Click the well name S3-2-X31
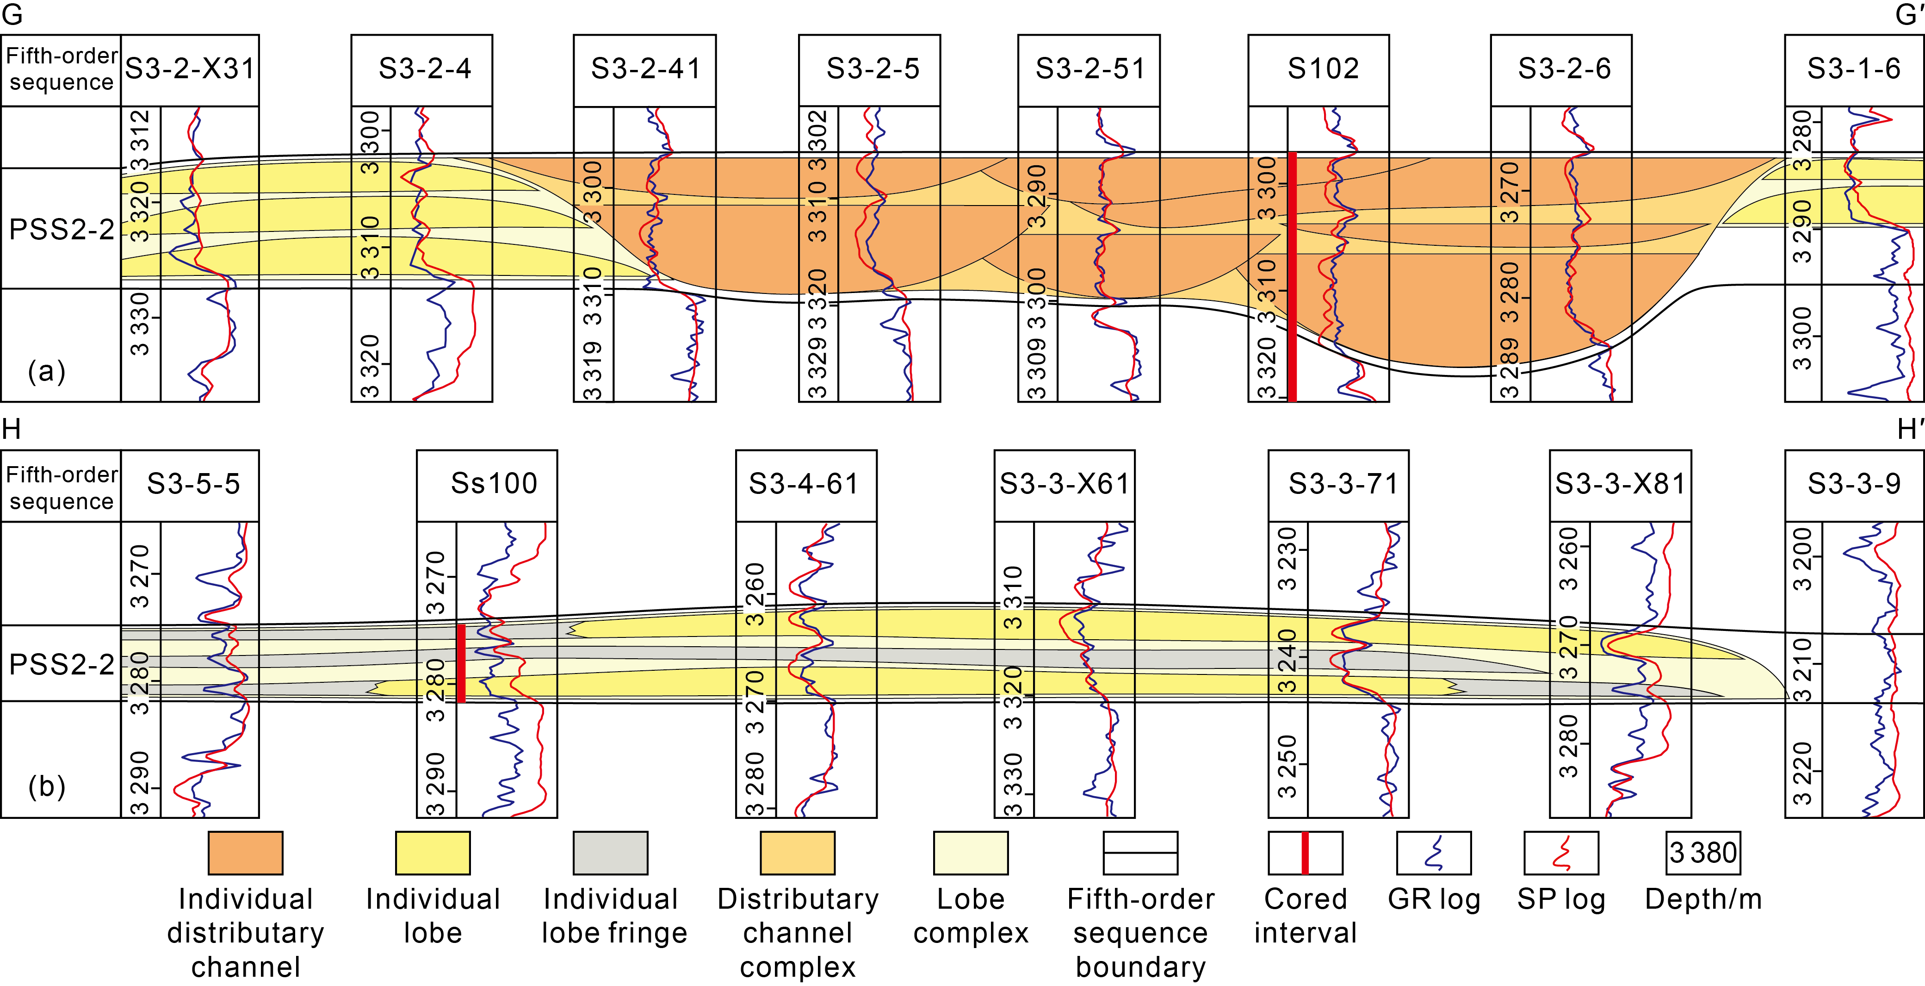pos(190,69)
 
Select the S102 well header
pos(1323,69)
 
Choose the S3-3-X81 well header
pos(1620,484)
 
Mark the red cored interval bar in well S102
pos(1292,276)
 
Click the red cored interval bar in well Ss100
pos(461,663)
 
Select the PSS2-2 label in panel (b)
pos(61,664)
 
